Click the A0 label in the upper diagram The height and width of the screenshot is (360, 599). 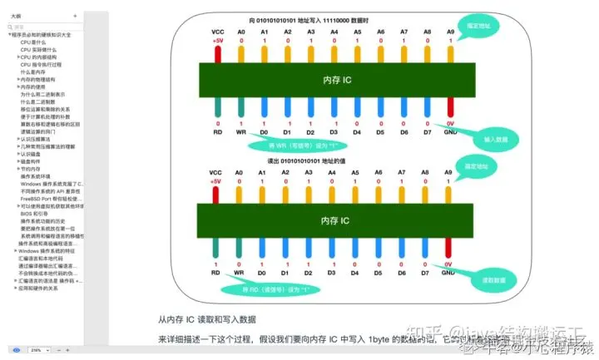coord(241,32)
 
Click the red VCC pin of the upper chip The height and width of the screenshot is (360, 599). coord(217,52)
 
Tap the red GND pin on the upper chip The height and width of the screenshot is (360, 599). coord(449,107)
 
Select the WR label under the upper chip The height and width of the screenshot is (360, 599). coord(241,131)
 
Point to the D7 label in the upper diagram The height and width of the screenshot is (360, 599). coord(426,131)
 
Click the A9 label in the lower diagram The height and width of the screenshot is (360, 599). coord(449,173)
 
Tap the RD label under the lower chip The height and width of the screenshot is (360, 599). coord(216,272)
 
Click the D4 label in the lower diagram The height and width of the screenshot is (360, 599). coord(356,272)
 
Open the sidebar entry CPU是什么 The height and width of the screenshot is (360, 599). coord(32,42)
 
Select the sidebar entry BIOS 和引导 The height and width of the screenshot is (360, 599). coord(32,214)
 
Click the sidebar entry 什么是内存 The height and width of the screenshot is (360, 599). coord(34,72)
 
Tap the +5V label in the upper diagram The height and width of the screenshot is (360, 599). coord(217,40)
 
